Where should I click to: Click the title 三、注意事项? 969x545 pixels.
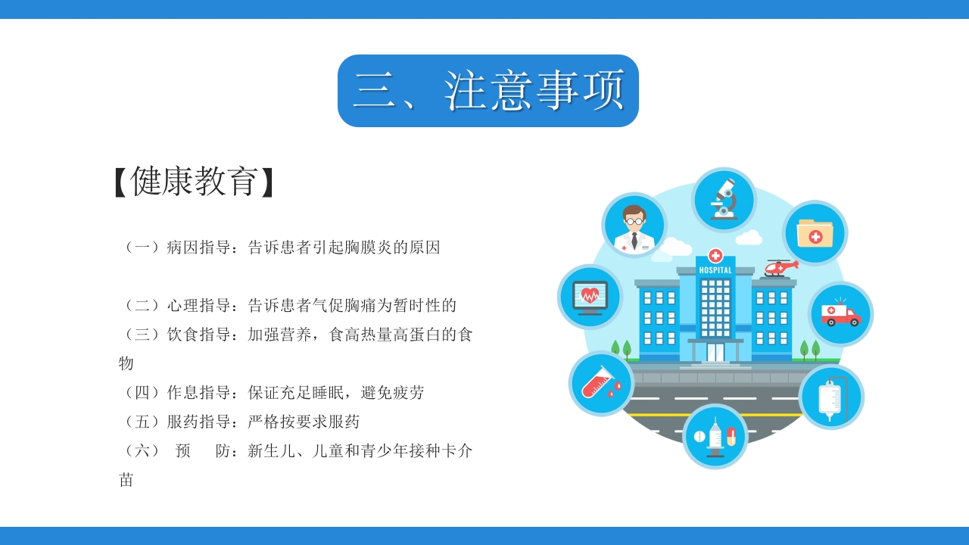(x=488, y=91)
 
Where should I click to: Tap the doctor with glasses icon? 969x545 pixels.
(x=634, y=225)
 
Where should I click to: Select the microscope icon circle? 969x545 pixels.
(x=724, y=200)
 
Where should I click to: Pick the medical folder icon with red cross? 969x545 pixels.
(x=815, y=233)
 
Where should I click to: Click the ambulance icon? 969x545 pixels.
(x=840, y=313)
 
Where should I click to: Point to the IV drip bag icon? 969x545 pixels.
(x=831, y=397)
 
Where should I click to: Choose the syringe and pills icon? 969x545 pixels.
(x=715, y=436)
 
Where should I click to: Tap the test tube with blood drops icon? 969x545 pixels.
(x=601, y=384)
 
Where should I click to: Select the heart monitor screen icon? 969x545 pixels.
(x=590, y=297)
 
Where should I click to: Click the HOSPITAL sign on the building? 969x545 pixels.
(x=715, y=270)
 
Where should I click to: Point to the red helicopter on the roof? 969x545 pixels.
(x=780, y=267)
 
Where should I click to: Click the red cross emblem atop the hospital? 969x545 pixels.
(x=715, y=255)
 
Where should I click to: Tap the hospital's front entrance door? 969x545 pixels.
(x=715, y=352)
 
